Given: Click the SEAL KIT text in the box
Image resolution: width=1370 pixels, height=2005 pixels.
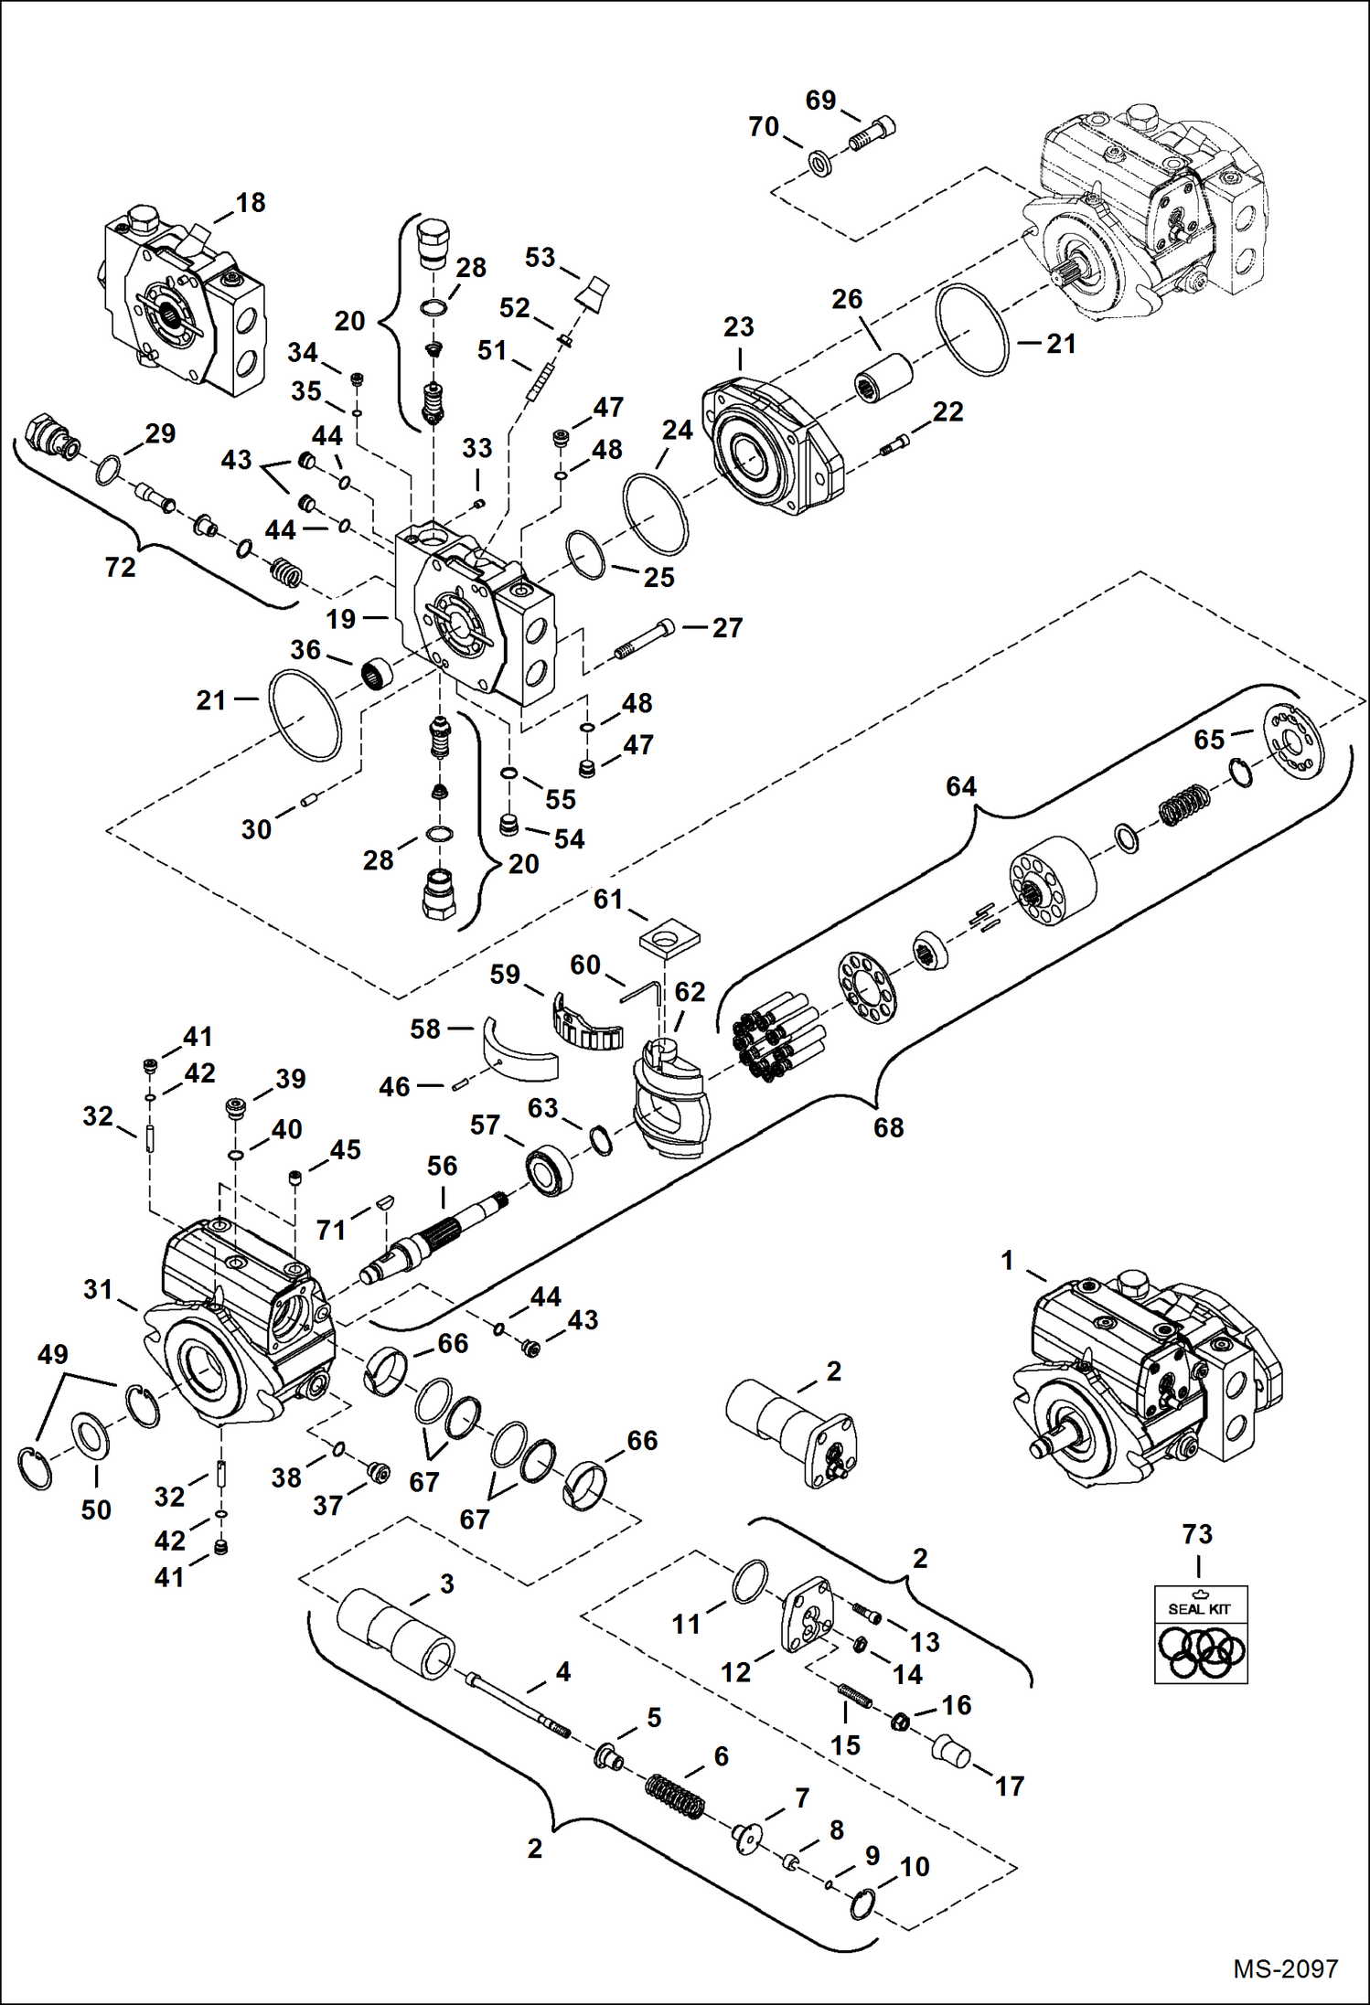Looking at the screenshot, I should (1198, 1608).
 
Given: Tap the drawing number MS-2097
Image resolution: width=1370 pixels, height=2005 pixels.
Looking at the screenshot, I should (1285, 1968).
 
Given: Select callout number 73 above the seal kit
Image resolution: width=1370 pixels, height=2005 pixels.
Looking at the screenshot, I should (1197, 1534).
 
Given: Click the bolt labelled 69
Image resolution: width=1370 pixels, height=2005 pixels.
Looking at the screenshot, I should (872, 135).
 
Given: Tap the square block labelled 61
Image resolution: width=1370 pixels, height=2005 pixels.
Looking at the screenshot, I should (669, 939).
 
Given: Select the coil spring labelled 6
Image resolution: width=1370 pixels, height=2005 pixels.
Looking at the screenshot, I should (675, 1797).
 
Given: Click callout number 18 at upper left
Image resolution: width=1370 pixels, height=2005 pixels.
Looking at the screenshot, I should (251, 202).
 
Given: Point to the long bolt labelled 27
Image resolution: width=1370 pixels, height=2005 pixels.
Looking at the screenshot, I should (646, 638).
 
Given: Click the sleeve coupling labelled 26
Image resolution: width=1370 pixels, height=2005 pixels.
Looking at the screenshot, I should (884, 377).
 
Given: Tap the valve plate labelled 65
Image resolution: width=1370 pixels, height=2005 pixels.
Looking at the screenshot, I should (1293, 741).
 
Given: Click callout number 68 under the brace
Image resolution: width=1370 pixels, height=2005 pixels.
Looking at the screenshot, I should (888, 1127).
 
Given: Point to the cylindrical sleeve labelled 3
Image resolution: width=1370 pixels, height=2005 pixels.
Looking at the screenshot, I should (395, 1637).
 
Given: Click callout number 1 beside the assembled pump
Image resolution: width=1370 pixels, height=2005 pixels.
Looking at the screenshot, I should (1007, 1260).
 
